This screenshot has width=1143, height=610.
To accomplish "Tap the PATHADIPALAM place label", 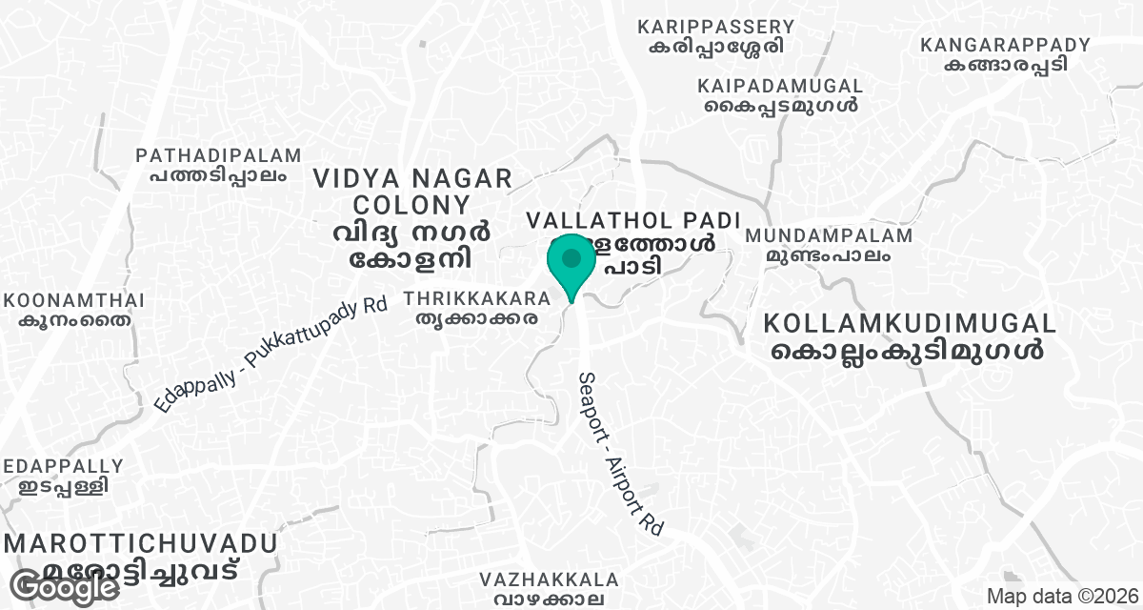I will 218,155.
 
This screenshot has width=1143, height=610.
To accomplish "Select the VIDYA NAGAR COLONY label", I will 412,191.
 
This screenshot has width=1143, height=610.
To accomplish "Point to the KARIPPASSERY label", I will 716,26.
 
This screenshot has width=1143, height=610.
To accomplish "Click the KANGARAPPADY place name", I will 1005,45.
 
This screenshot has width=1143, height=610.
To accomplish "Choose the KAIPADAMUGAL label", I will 780,86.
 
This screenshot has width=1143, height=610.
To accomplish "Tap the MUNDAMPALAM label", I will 829,235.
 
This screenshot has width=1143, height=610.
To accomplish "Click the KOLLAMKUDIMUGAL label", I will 909,323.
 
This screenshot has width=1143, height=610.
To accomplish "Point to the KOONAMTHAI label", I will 74,301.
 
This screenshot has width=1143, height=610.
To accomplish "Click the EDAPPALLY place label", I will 63,467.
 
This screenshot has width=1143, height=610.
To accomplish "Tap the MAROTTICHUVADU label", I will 141,544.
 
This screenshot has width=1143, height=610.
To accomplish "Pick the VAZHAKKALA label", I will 550,579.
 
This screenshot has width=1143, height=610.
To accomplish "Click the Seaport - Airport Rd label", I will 619,451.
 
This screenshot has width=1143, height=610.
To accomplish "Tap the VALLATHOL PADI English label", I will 633,220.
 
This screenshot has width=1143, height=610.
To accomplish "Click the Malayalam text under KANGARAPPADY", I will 1005,64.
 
